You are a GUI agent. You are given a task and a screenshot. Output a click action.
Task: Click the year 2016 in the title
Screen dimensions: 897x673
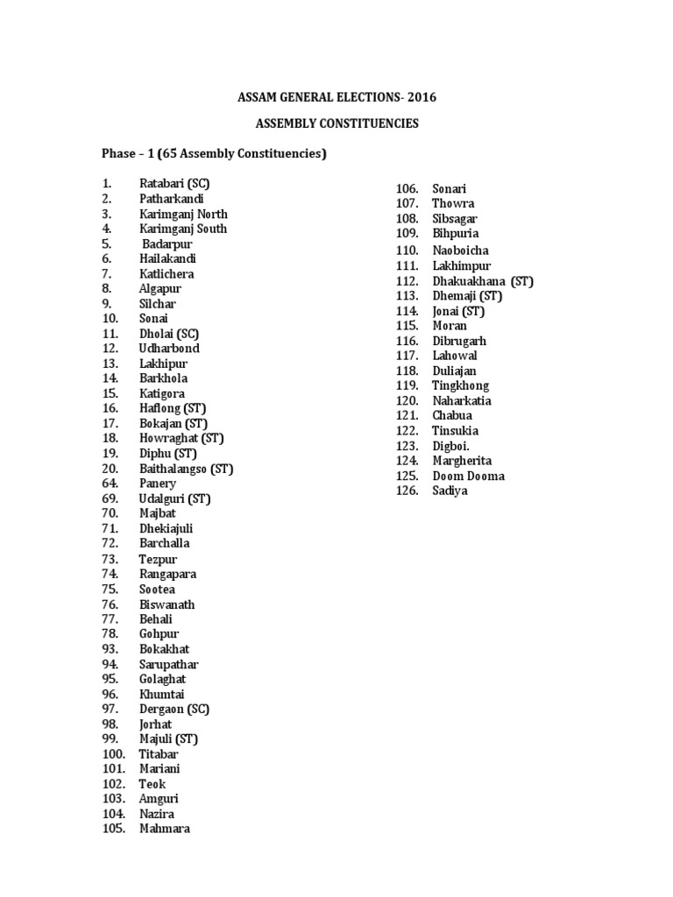(x=420, y=97)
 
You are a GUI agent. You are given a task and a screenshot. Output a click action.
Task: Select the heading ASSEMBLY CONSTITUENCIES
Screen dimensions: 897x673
(x=336, y=124)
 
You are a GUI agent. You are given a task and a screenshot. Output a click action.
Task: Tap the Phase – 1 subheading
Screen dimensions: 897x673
(x=215, y=155)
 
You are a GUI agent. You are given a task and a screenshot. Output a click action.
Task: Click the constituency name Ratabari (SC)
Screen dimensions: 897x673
(x=174, y=184)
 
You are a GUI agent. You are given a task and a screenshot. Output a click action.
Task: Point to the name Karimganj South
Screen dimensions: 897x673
(x=183, y=229)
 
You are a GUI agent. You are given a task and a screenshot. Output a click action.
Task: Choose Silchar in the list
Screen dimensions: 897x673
(x=158, y=304)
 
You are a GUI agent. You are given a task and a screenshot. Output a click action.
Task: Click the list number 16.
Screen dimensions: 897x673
(x=110, y=408)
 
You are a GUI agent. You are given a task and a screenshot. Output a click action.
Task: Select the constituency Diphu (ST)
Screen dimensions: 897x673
(x=168, y=454)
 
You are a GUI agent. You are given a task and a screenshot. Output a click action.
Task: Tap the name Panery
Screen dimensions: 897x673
(x=158, y=484)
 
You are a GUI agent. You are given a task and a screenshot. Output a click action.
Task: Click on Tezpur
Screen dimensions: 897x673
(x=158, y=559)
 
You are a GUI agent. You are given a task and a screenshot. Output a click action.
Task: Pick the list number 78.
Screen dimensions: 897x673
(x=110, y=634)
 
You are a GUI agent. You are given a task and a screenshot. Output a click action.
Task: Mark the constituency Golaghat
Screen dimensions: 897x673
(x=163, y=679)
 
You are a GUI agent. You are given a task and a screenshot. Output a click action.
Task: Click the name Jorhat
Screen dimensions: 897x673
(x=156, y=724)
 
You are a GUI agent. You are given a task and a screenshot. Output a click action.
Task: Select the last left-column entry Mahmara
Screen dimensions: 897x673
(x=165, y=829)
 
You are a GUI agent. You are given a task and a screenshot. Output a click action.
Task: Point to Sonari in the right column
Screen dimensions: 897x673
(x=450, y=189)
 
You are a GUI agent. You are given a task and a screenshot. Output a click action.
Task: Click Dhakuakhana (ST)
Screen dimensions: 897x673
(x=483, y=281)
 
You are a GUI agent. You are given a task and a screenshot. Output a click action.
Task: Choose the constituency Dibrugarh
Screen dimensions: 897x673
(x=459, y=341)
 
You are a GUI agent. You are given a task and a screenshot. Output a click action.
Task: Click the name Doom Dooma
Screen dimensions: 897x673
(x=469, y=477)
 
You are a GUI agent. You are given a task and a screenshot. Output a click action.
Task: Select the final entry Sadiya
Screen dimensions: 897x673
(x=450, y=491)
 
